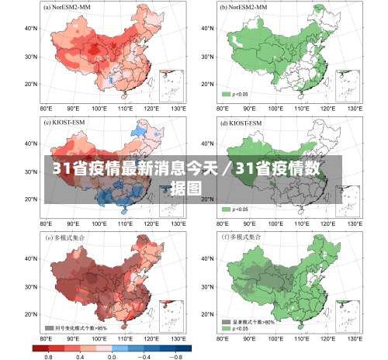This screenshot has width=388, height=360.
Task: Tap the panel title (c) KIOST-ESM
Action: (62, 123)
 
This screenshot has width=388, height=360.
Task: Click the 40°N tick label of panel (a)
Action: (31, 28)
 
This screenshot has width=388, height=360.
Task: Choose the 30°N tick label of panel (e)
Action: (31, 287)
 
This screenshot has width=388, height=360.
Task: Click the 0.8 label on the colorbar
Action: (48, 356)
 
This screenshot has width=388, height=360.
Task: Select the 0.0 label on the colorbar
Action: (111, 356)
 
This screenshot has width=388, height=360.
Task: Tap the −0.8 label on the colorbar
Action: (176, 356)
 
